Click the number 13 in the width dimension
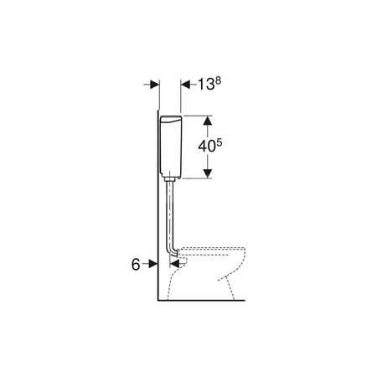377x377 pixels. (206, 85)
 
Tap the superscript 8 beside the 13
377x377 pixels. (218, 80)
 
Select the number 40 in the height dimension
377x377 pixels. (207, 147)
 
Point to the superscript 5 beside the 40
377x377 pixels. (219, 142)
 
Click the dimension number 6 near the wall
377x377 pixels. (136, 264)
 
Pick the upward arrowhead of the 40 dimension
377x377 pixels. (207, 121)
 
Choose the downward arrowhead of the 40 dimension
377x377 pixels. (207, 173)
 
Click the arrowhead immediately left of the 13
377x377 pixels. (185, 85)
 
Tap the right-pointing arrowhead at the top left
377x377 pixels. (154, 85)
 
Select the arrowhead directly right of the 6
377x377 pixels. (152, 264)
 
